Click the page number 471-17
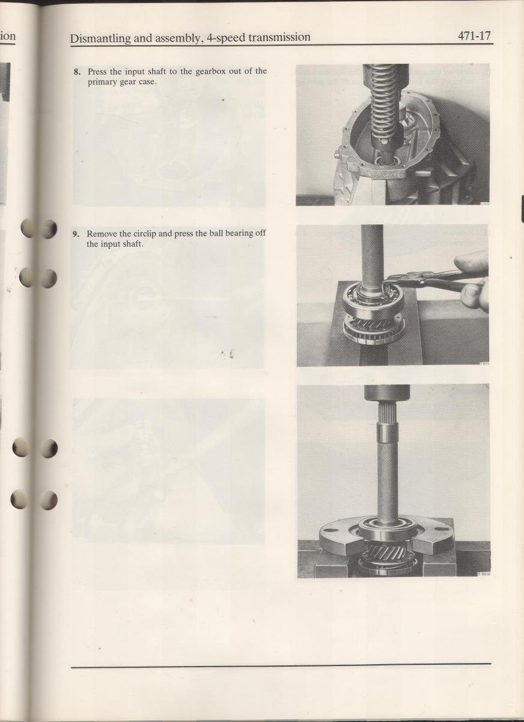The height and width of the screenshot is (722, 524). [x=474, y=35]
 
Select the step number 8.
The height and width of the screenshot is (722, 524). [x=77, y=72]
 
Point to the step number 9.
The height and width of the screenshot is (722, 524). [x=76, y=233]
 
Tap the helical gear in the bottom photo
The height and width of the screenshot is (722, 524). [x=387, y=553]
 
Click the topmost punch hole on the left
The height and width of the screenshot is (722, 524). [x=38, y=229]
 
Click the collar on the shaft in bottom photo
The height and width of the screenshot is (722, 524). [x=388, y=434]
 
